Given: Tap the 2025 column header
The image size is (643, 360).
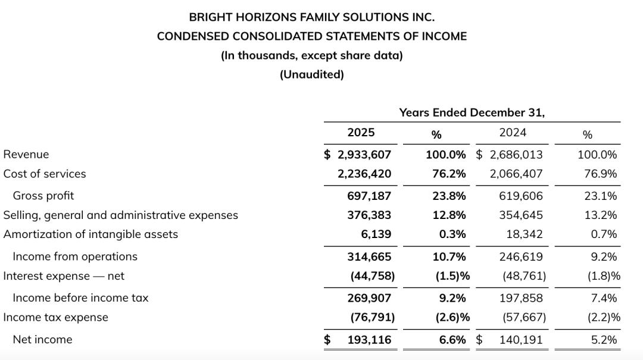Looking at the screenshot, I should (361, 132).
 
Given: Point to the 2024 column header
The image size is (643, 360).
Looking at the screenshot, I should (513, 132).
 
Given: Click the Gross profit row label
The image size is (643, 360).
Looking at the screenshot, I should (43, 196).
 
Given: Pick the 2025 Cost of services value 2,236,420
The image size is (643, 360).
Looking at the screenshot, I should (364, 174).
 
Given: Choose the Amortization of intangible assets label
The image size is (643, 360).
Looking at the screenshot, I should (90, 234).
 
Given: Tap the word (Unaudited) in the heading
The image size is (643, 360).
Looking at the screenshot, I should (312, 74).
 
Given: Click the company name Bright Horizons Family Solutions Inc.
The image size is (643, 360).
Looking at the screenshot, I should (312, 17).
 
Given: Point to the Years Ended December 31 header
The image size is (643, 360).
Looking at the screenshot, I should (472, 112).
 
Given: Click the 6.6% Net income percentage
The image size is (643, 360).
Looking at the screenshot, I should (452, 340).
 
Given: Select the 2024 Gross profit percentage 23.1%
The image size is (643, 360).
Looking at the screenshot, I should (601, 196).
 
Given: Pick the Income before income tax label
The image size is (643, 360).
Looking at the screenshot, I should (80, 298).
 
